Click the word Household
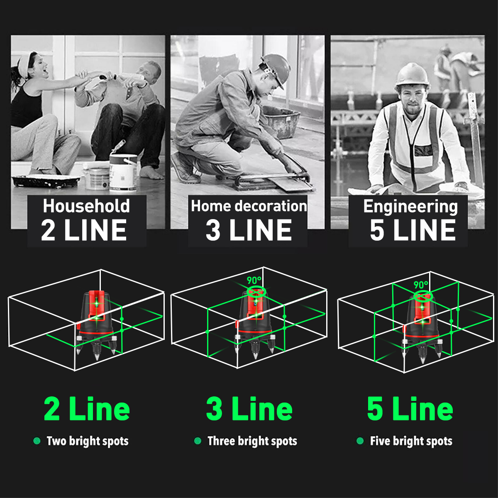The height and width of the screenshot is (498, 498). tap(86, 206)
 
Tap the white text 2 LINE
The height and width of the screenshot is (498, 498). tap(84, 230)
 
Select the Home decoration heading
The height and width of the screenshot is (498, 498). tap(249, 206)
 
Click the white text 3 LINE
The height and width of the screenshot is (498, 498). tap(249, 230)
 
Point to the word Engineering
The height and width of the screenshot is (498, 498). tap(410, 207)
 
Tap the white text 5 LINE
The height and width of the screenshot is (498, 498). tap(413, 230)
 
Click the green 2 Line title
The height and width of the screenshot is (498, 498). tap(87, 409)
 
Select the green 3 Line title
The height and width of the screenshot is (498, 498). tap(249, 409)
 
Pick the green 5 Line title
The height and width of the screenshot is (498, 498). tap(410, 409)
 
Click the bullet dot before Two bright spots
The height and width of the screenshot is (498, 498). tap(37, 441)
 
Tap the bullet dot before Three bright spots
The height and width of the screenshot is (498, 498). tap(198, 441)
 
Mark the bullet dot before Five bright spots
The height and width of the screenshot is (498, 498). tap(360, 441)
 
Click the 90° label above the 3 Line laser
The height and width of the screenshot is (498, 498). tap(254, 280)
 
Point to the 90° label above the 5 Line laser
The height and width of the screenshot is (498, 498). tap(421, 285)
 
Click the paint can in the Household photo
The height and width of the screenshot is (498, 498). tap(123, 173)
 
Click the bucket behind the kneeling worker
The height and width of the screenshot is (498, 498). tap(282, 122)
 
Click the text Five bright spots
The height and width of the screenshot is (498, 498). tap(411, 441)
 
